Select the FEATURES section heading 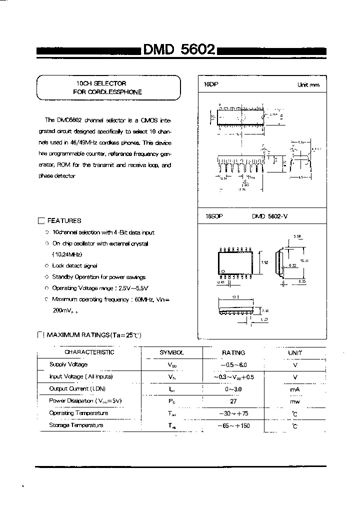(x=63, y=220)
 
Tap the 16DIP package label (x=211, y=85)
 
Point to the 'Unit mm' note (x=308, y=85)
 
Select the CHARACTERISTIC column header (x=89, y=352)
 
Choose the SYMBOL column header (x=171, y=352)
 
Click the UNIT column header (x=295, y=353)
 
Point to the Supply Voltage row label (x=68, y=364)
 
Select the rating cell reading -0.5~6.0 (x=233, y=365)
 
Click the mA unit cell (x=295, y=389)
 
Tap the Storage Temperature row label (x=76, y=425)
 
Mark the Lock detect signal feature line (x=74, y=266)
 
